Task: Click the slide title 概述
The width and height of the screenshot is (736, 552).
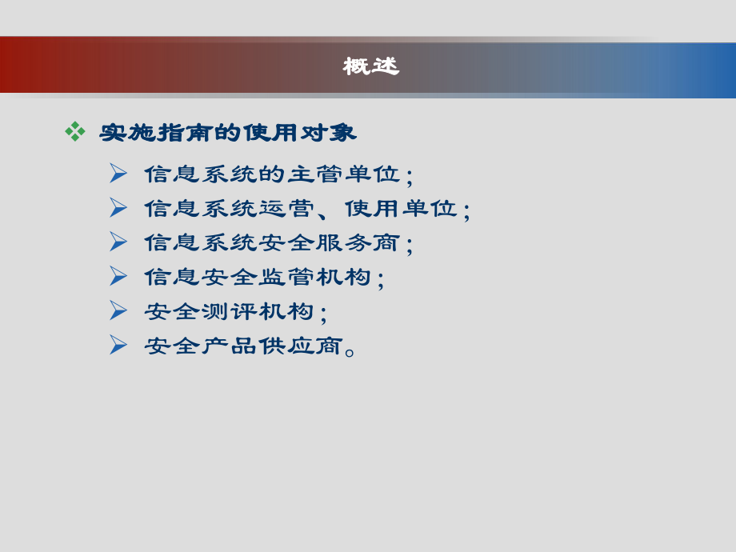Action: [x=370, y=66]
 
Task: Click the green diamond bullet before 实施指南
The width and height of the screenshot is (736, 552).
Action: [x=75, y=131]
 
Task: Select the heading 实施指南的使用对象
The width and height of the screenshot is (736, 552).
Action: [x=228, y=133]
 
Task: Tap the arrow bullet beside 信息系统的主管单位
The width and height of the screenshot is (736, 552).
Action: [x=118, y=173]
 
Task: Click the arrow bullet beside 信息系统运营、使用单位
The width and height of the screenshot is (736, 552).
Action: [x=118, y=207]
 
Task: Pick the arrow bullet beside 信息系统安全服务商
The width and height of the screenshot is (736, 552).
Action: [x=118, y=242]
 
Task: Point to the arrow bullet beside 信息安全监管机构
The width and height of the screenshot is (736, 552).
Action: [x=118, y=276]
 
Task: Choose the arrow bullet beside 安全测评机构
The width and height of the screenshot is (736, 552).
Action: [x=118, y=310]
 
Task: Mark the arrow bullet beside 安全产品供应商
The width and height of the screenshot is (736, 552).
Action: [x=118, y=345]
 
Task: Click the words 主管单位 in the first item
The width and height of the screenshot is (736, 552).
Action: [x=343, y=174]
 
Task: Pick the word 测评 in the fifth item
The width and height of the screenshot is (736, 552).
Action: [x=228, y=312]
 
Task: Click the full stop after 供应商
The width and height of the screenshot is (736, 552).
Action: [x=350, y=350]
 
